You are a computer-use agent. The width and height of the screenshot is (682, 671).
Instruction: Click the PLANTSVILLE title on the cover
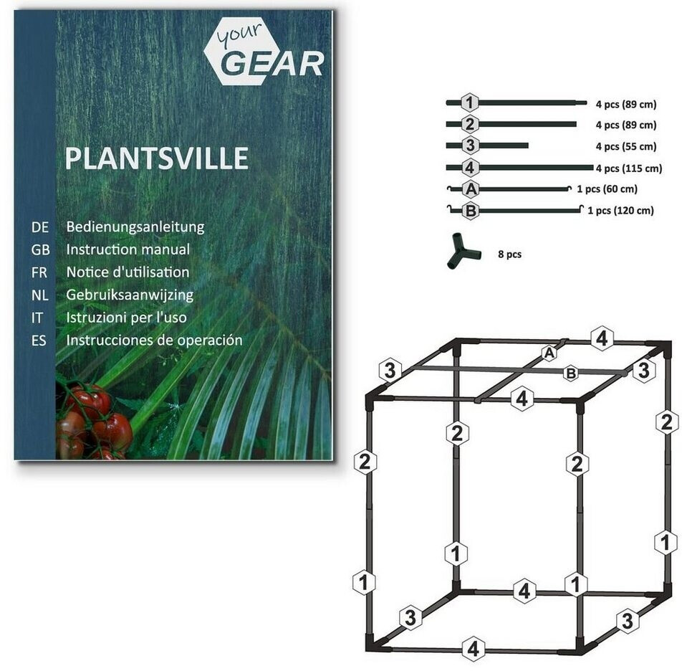click(x=156, y=158)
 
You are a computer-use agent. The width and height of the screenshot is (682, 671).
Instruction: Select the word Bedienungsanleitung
click(x=135, y=227)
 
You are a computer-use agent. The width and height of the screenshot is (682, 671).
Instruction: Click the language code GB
click(x=40, y=249)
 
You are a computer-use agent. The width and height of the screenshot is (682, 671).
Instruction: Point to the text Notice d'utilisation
click(x=128, y=272)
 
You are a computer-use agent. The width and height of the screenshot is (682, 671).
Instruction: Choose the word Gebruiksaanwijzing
click(x=130, y=295)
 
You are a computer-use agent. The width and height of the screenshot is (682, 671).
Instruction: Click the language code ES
click(x=39, y=341)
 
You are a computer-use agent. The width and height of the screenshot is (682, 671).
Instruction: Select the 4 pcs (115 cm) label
click(x=629, y=169)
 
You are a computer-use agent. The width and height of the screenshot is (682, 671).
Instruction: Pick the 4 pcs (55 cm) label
click(x=625, y=146)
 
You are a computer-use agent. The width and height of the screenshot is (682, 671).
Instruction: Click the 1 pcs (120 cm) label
click(x=620, y=211)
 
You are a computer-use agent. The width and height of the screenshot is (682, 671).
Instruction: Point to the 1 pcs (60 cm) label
click(x=606, y=189)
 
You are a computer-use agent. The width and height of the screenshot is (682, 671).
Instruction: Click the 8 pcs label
click(x=509, y=254)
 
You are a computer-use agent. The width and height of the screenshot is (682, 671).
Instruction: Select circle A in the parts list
click(x=471, y=190)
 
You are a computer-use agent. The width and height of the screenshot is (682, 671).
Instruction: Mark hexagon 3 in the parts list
click(x=469, y=146)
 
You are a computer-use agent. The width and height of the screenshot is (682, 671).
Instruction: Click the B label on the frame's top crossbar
click(x=571, y=372)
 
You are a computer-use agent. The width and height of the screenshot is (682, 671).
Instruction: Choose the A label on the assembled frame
click(x=549, y=353)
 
